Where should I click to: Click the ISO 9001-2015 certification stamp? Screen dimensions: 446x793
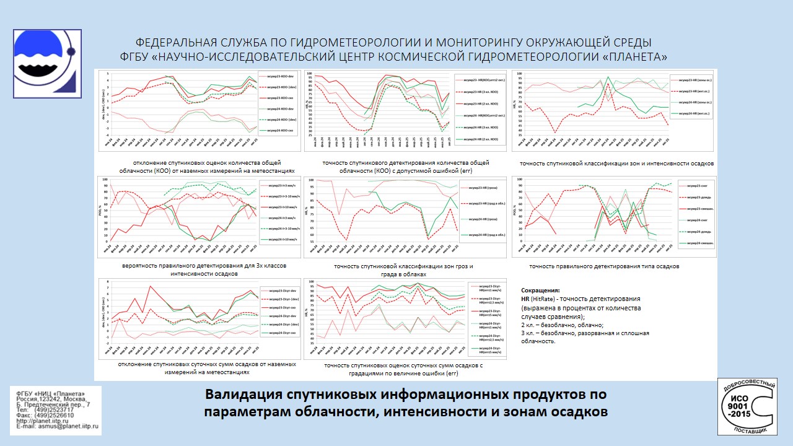click(747, 406)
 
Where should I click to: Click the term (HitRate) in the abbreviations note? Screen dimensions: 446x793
click(546, 299)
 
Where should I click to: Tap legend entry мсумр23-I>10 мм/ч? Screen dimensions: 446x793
click(279, 206)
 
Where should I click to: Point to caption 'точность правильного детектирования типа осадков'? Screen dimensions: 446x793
click(604, 266)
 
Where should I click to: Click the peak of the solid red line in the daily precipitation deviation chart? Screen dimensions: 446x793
click(151, 286)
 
